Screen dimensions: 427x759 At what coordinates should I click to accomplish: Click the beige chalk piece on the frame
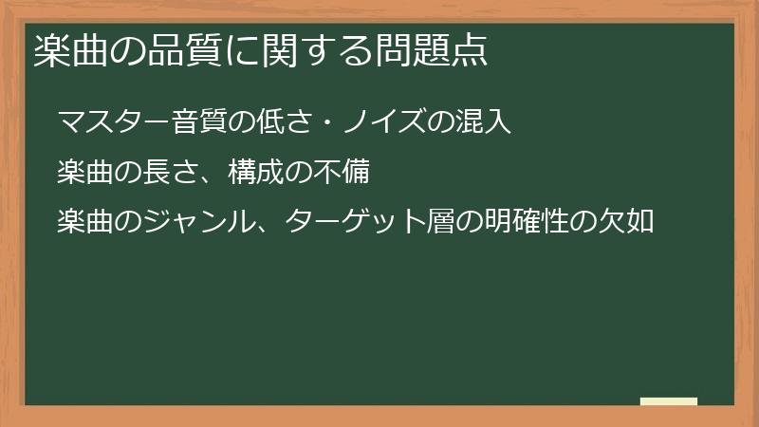click(669, 401)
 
